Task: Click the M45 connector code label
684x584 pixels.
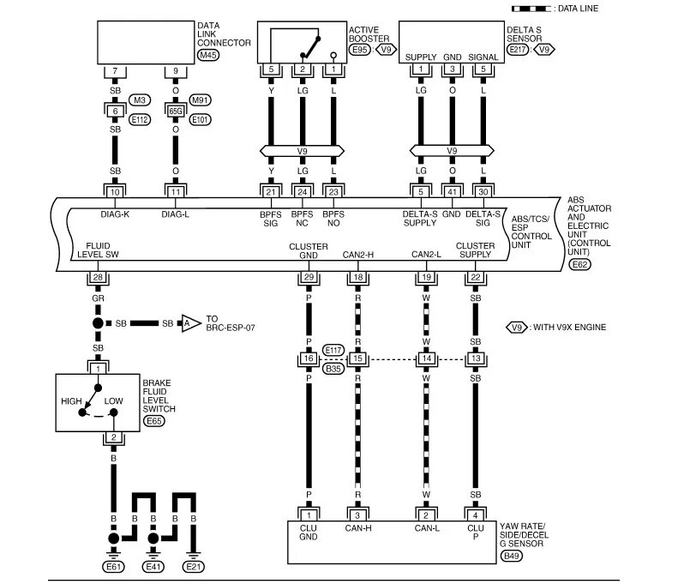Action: (208, 55)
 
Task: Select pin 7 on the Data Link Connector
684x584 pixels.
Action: (115, 69)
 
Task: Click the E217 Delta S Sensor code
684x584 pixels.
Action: (519, 51)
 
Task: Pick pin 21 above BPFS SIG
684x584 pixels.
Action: (271, 192)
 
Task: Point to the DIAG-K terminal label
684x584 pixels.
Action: (115, 214)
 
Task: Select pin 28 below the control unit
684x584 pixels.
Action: (98, 277)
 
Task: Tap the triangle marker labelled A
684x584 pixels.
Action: (184, 323)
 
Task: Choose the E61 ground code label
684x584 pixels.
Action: (112, 567)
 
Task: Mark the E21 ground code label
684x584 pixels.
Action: (195, 567)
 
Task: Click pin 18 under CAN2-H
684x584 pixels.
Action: (357, 277)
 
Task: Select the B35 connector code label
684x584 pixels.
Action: (333, 369)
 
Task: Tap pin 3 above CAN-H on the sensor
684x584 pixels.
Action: (357, 514)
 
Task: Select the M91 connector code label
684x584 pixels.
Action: (200, 100)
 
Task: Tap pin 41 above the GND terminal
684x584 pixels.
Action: (453, 192)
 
